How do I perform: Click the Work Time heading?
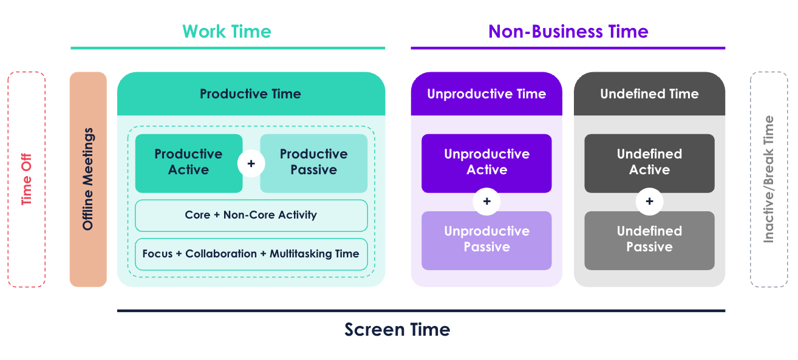(227, 32)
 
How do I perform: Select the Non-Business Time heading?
(568, 32)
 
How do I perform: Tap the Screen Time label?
(397, 330)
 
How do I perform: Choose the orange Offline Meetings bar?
(88, 179)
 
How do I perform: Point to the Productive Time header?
(251, 93)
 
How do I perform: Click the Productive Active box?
(189, 163)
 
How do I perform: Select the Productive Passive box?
(314, 163)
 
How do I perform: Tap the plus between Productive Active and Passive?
(251, 163)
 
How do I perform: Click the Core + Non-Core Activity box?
(251, 216)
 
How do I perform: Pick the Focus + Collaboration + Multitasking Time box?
(251, 254)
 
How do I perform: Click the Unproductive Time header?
(486, 93)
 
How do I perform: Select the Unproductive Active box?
(486, 163)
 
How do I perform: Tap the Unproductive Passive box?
(486, 241)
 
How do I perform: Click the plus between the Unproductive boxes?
(486, 202)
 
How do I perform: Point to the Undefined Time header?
(649, 93)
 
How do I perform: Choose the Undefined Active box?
(649, 163)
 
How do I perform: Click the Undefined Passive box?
(649, 241)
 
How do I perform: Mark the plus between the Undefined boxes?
(649, 202)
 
